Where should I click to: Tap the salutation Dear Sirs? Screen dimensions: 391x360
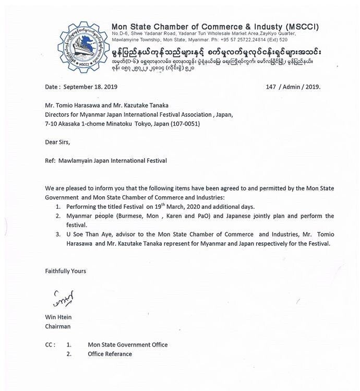(x=57, y=141)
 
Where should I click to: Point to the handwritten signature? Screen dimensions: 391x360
(x=64, y=299)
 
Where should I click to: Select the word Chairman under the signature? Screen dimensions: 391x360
(x=57, y=326)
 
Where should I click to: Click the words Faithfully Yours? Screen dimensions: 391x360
(x=65, y=271)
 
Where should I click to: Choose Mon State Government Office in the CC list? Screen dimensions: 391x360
(x=128, y=345)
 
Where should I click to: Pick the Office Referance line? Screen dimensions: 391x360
(x=110, y=354)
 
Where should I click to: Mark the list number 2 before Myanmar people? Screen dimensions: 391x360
(x=57, y=216)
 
